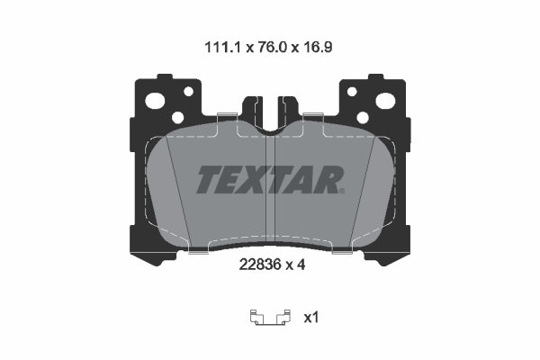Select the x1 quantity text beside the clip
click(310, 317)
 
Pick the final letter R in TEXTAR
click(326, 180)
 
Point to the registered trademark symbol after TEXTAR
click(343, 190)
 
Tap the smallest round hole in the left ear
click(187, 91)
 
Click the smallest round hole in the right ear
click(352, 91)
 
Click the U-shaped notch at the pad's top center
click(270, 112)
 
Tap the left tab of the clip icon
click(255, 316)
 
